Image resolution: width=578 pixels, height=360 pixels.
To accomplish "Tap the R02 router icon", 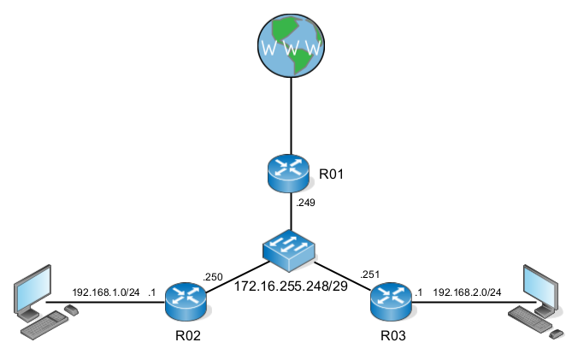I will click(x=186, y=298).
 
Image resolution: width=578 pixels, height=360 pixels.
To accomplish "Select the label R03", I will click(x=394, y=336).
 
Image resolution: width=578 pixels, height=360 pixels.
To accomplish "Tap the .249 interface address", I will click(x=304, y=204).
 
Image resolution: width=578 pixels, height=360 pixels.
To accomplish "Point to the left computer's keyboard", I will click(x=44, y=324).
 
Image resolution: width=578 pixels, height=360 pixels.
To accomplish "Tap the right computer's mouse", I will click(x=557, y=332).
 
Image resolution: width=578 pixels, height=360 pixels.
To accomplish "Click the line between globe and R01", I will click(x=291, y=115).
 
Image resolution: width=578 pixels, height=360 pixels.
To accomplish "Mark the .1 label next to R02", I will click(x=151, y=292).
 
